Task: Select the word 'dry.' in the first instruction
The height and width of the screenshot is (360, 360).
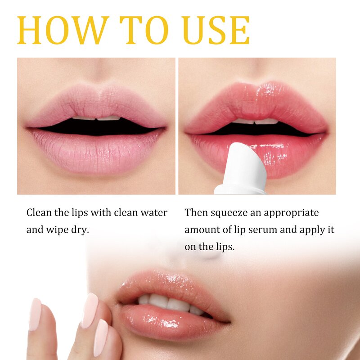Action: [x=80, y=229]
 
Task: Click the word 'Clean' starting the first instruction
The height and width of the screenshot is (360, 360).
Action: [x=38, y=212]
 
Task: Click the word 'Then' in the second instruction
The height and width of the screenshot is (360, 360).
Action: [x=196, y=212]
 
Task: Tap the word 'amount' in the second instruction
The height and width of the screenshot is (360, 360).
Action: [x=201, y=230]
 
